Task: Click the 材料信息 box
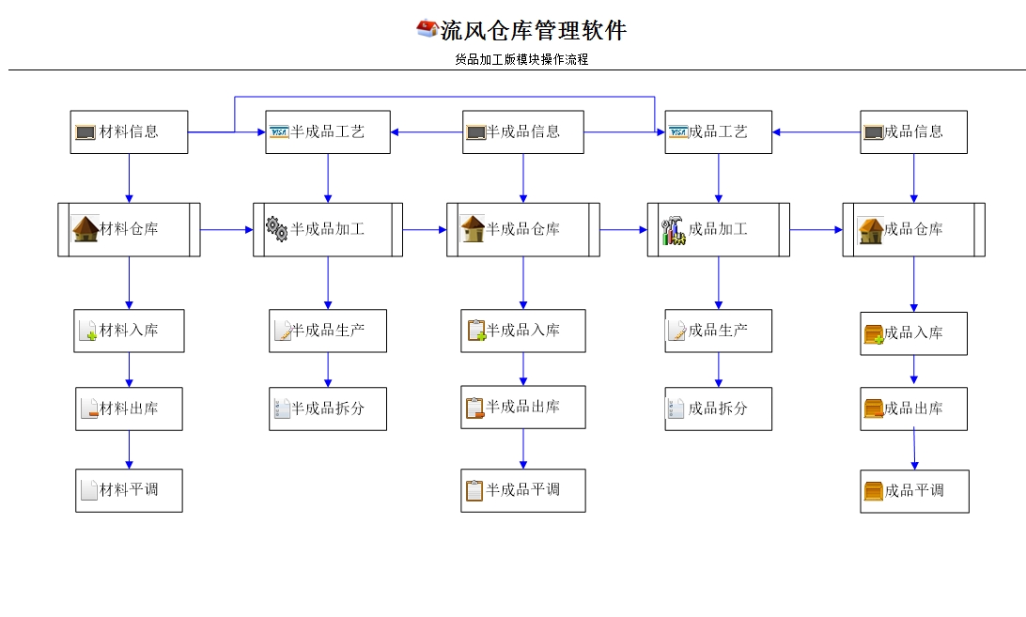pos(130,132)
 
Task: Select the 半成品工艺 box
pos(327,132)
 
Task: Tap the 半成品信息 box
pos(523,132)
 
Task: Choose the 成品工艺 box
pos(719,132)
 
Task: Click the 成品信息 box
pos(913,132)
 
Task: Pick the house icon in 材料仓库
pos(85,229)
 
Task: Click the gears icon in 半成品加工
pos(276,229)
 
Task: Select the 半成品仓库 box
pos(523,229)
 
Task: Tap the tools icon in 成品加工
pos(674,231)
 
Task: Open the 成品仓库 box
pos(913,229)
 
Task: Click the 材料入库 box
pos(129,331)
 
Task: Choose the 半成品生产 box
pos(327,331)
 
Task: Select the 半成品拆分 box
pos(327,409)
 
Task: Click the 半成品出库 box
pos(522,408)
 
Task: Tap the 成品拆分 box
pos(719,409)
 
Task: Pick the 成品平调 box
pos(914,491)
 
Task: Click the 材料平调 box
pos(129,490)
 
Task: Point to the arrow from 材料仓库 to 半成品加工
pos(226,229)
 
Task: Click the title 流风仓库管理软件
pos(533,31)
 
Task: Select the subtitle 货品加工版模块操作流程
pos(521,59)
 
